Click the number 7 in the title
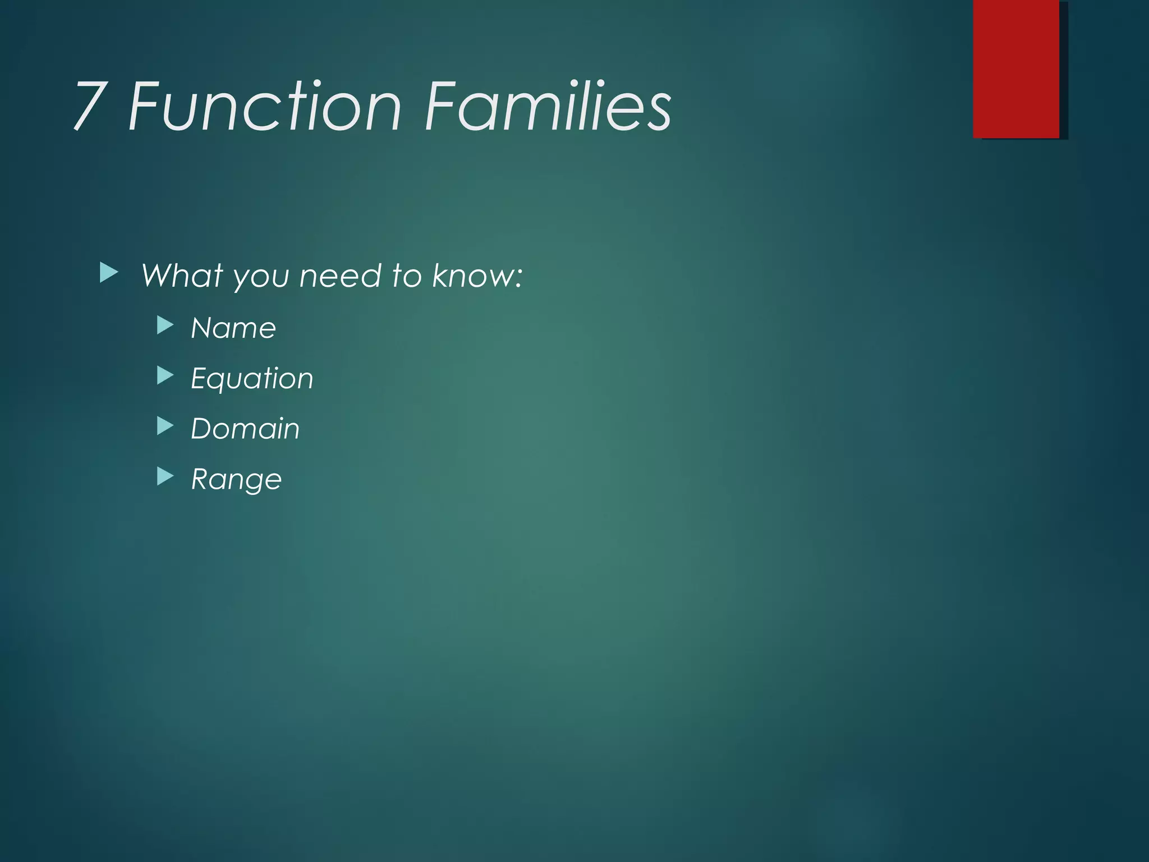[90, 106]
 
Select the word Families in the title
[547, 106]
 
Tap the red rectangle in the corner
[1016, 68]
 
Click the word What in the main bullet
[182, 276]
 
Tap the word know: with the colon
[477, 276]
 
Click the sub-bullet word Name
[233, 328]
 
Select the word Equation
[252, 379]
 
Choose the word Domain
[245, 429]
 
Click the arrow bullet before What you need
[109, 273]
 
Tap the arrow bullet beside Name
[165, 325]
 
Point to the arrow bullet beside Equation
[165, 375]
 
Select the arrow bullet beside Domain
[165, 426]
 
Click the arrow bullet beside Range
[165, 476]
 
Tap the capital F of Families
[440, 106]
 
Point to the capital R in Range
[200, 479]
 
